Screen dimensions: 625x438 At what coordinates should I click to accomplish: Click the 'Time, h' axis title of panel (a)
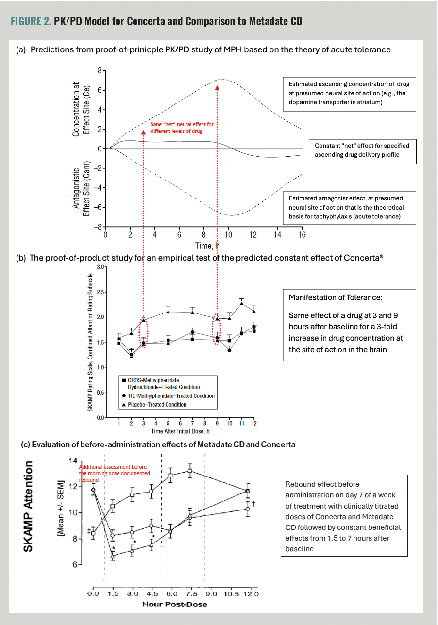(x=203, y=246)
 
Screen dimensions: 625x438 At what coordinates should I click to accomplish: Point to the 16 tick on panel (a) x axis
(x=302, y=235)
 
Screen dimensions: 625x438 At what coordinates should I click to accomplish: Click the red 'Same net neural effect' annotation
(x=182, y=128)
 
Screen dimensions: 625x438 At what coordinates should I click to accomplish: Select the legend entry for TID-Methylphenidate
(x=168, y=396)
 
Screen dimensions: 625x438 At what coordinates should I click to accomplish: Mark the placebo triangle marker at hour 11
(x=241, y=304)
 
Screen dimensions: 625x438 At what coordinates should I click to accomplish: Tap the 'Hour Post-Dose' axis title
(x=175, y=604)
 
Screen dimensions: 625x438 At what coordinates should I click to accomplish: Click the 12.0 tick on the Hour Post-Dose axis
(x=251, y=594)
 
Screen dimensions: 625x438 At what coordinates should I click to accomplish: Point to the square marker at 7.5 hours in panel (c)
(x=190, y=471)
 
